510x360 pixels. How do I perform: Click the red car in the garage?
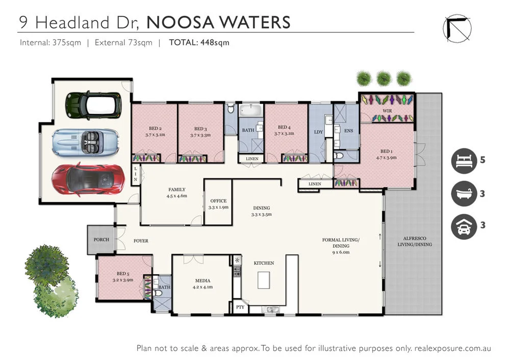pos(86,179)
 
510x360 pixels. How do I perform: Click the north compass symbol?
pos(457,27)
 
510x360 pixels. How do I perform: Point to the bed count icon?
pos(464,161)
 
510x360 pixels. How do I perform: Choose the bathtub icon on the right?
pos(464,194)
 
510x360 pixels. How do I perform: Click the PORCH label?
pos(101,240)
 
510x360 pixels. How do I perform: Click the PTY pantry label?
pos(240,307)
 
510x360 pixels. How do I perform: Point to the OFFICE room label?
pos(218,201)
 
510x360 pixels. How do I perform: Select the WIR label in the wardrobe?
pos(387,110)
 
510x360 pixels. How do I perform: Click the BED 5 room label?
pos(122,274)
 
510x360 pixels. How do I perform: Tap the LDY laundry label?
pos(319,132)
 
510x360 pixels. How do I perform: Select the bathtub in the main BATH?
pos(250,110)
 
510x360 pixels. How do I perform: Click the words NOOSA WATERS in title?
pos(218,22)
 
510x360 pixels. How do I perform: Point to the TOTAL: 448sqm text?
pos(199,43)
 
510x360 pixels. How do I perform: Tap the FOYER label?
pos(141,241)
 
